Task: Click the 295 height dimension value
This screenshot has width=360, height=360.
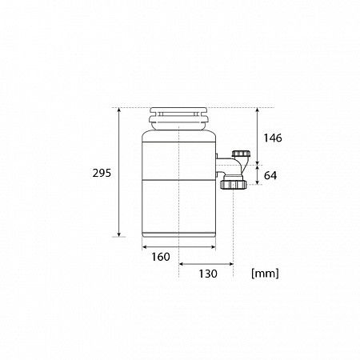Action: [x=102, y=174]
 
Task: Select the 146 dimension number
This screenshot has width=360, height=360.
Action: [x=273, y=138]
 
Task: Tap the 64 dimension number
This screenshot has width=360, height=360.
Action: [x=270, y=175]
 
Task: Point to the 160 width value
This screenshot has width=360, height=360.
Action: [x=161, y=257]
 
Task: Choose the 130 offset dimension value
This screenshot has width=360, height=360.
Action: [x=208, y=274]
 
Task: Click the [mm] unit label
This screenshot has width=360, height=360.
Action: [x=265, y=274]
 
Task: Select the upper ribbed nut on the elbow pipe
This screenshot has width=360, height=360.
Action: [x=240, y=154]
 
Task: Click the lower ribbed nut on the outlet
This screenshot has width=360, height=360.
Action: [x=234, y=185]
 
